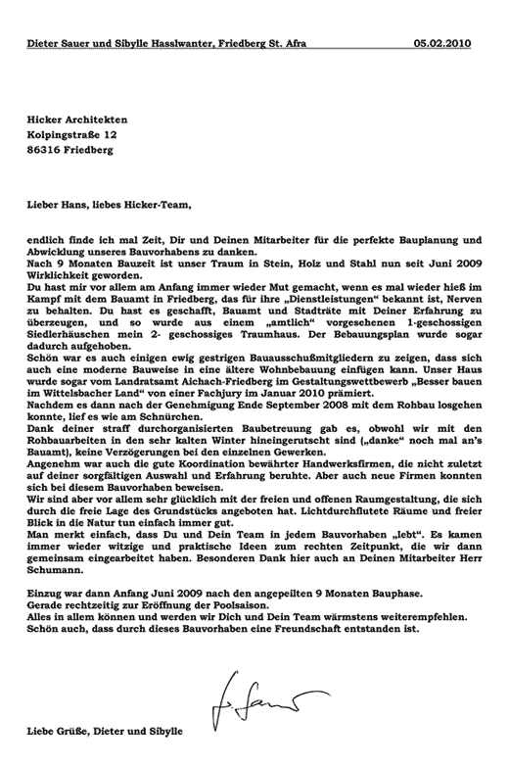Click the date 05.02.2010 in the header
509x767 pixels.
449,43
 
